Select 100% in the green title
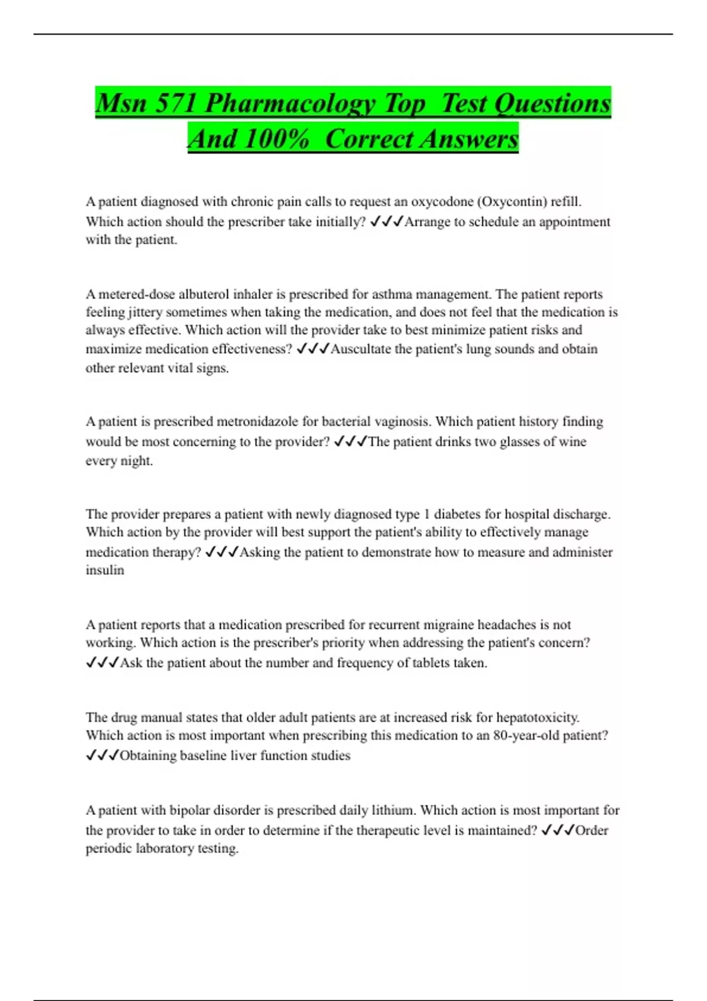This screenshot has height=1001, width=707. click(276, 140)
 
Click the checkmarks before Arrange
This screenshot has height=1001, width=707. click(386, 222)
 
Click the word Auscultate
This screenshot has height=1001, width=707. click(361, 349)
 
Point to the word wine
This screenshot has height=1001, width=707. click(573, 442)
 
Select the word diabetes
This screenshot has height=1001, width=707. click(457, 514)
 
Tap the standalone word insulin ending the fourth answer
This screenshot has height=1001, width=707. click(105, 570)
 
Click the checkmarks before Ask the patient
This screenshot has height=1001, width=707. click(103, 663)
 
